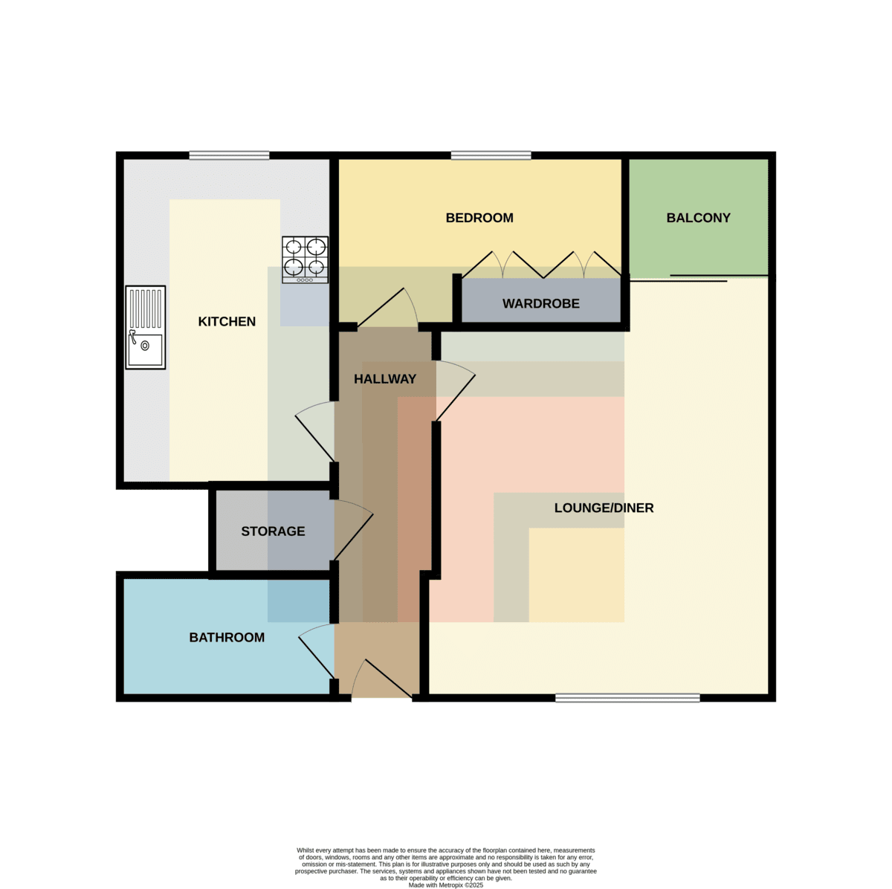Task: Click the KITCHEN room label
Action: click(x=227, y=321)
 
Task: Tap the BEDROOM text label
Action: click(x=479, y=218)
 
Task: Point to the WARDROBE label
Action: click(x=540, y=304)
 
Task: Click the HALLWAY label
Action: click(x=384, y=379)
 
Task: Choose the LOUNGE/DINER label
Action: click(x=604, y=508)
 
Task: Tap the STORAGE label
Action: click(x=273, y=531)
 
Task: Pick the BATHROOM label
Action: click(x=227, y=638)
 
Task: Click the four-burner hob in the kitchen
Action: click(x=305, y=259)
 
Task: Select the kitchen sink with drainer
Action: click(x=146, y=327)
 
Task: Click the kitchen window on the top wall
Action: click(x=229, y=155)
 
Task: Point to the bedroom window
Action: click(x=491, y=155)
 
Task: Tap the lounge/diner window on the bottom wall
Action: click(x=627, y=698)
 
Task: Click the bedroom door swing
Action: click(x=388, y=308)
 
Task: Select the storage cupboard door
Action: click(x=353, y=530)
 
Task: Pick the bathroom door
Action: click(x=317, y=651)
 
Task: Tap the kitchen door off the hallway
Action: click(x=314, y=432)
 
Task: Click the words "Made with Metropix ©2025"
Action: click(x=445, y=885)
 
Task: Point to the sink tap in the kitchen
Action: click(x=133, y=337)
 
